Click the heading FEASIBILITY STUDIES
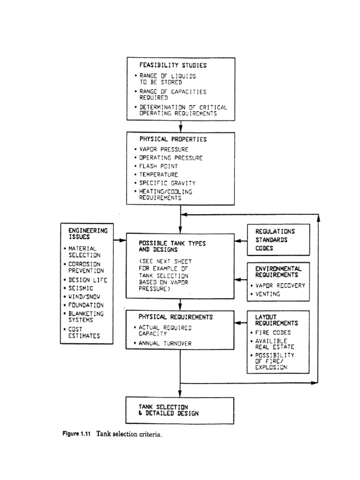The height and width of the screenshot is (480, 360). click(173, 65)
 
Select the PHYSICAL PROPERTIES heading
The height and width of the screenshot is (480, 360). click(172, 139)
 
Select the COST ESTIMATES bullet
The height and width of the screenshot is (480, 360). click(84, 333)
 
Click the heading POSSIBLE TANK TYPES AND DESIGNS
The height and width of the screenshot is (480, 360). click(172, 247)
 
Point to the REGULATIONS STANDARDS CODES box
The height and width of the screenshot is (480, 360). click(278, 240)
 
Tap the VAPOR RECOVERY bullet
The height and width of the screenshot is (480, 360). click(280, 285)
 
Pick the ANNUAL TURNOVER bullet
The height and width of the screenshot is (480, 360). click(165, 343)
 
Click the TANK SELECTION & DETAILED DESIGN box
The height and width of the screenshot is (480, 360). click(180, 410)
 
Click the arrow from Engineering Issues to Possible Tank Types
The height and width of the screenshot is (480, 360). click(120, 240)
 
